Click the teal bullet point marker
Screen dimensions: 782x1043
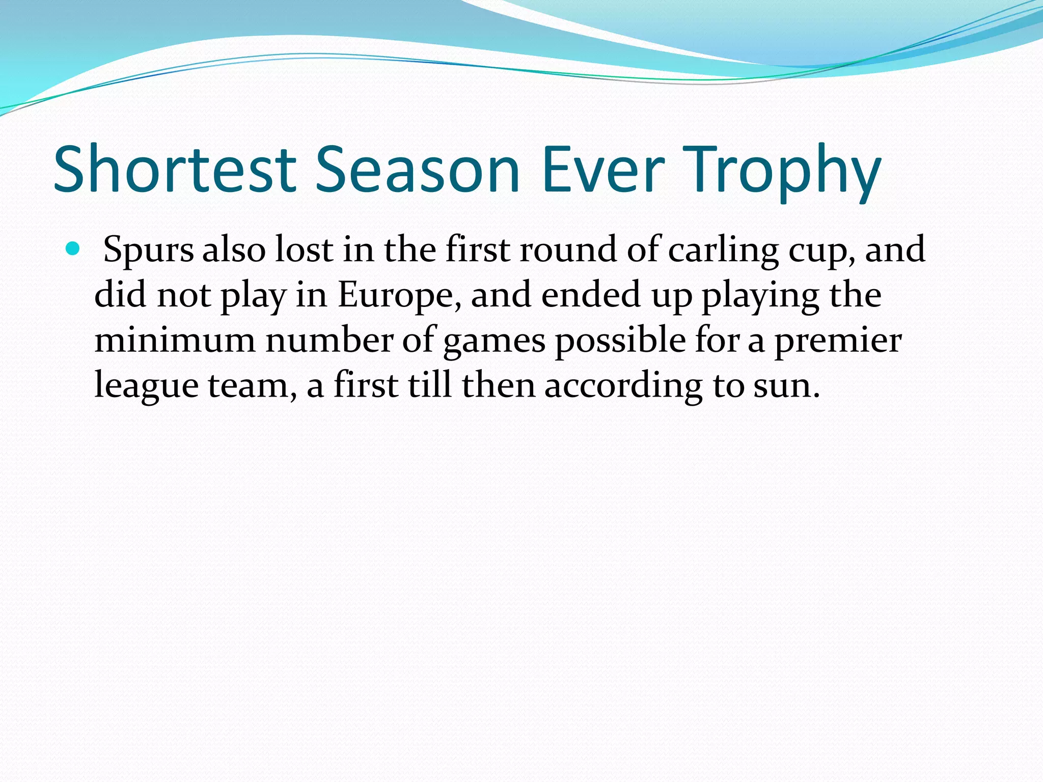[x=73, y=249]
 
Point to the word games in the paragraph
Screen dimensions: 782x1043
[x=495, y=342]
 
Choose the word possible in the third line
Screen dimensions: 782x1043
[x=620, y=341]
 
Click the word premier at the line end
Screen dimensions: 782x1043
[x=838, y=342]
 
